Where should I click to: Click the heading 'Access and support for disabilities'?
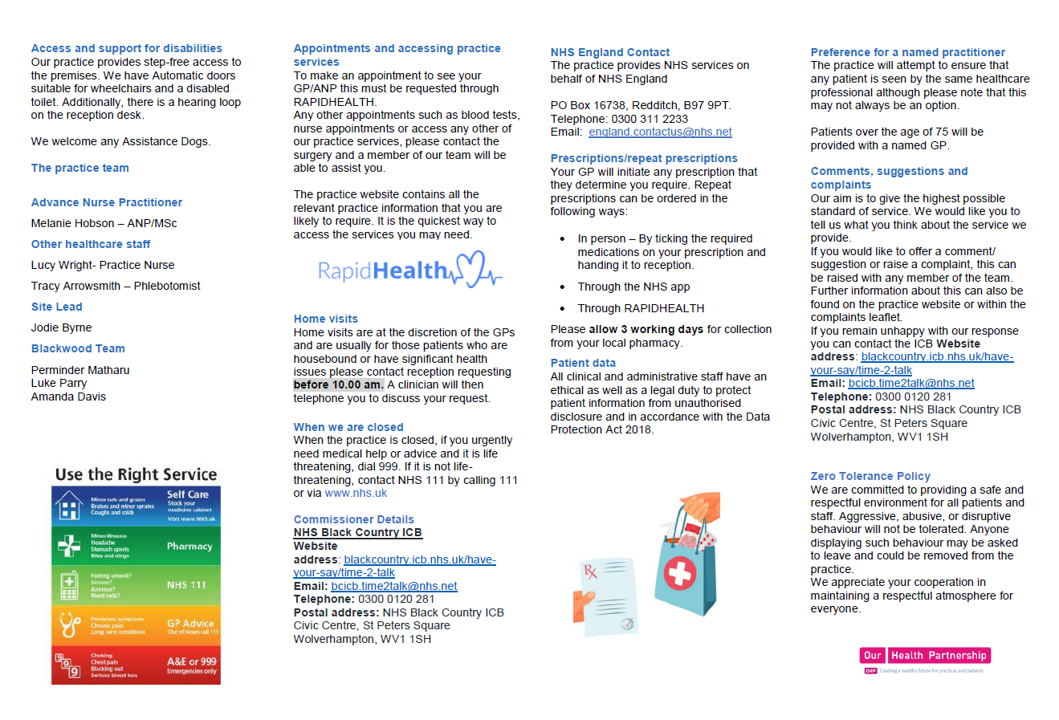coord(126,48)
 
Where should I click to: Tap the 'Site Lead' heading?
coord(56,307)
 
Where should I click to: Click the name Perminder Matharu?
coord(79,370)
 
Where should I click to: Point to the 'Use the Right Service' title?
coord(136,474)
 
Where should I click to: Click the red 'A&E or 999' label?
coord(191,662)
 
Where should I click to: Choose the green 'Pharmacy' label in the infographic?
coord(189,547)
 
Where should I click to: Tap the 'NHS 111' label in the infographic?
coord(187,585)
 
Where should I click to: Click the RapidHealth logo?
coord(409,271)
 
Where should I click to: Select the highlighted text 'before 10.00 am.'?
coord(338,384)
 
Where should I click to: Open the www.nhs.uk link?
coord(356,493)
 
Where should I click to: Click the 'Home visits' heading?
coord(325,319)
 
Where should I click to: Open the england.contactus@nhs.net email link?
coord(660,132)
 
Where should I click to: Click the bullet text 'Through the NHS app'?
coord(633,287)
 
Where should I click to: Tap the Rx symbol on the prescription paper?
coord(591,572)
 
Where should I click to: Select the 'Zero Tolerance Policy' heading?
coord(870,476)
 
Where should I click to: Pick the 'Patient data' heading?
coord(583,363)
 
